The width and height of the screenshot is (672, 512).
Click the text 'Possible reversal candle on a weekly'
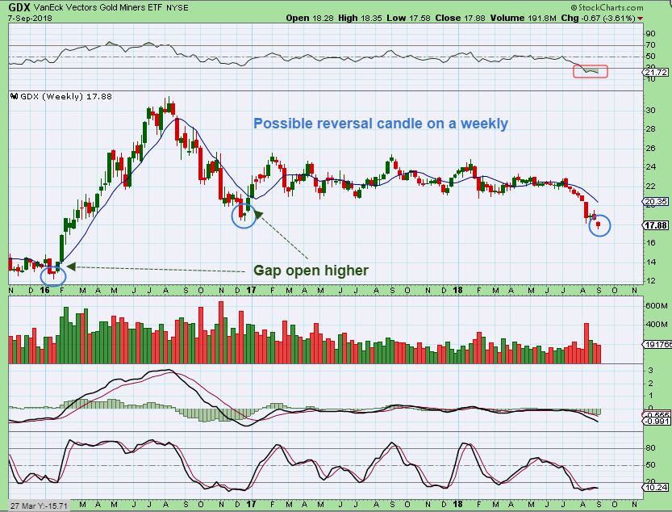380,124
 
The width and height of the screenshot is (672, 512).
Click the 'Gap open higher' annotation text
311,270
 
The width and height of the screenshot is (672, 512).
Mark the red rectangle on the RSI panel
591,72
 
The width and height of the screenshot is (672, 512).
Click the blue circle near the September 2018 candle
601,225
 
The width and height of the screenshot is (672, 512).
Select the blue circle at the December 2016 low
243,215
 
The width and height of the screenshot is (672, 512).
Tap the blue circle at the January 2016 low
53,274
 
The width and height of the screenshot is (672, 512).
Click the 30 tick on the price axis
649,110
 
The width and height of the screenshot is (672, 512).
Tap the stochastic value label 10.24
657,487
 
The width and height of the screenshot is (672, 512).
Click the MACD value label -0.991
657,421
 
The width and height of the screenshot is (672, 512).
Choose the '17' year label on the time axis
252,289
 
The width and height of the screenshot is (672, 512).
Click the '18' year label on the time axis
456,289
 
